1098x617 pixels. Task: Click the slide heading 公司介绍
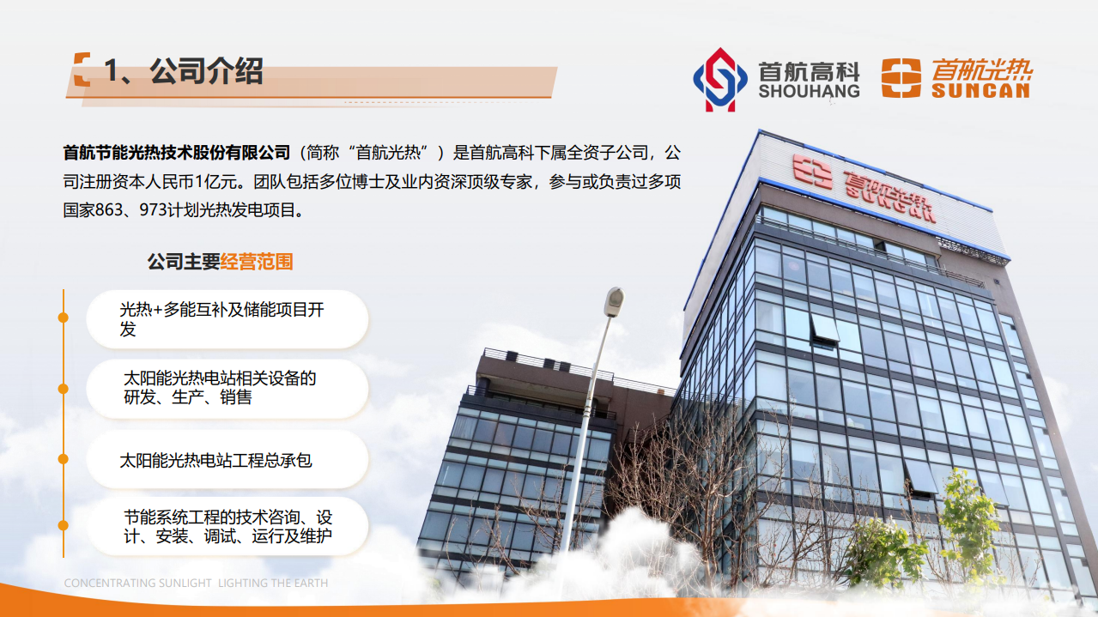tap(206, 71)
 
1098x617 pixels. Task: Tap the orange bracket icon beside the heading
tap(82, 70)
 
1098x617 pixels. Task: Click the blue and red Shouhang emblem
tap(720, 80)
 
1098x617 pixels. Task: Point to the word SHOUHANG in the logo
tap(809, 91)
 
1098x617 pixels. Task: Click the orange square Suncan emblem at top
tap(901, 78)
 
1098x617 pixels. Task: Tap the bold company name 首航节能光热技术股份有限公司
tap(177, 154)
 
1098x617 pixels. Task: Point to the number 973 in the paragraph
tap(157, 210)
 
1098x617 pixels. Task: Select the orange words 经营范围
tap(257, 262)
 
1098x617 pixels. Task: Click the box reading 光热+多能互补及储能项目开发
tap(227, 319)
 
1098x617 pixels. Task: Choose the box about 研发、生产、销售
tap(227, 388)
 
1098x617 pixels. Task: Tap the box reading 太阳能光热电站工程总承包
tap(227, 460)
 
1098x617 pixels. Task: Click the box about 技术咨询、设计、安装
tap(227, 527)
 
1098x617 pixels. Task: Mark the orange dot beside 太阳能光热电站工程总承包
tap(63, 459)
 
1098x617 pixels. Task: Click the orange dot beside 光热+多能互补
tap(63, 318)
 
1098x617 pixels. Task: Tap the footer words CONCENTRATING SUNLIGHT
tap(138, 584)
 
